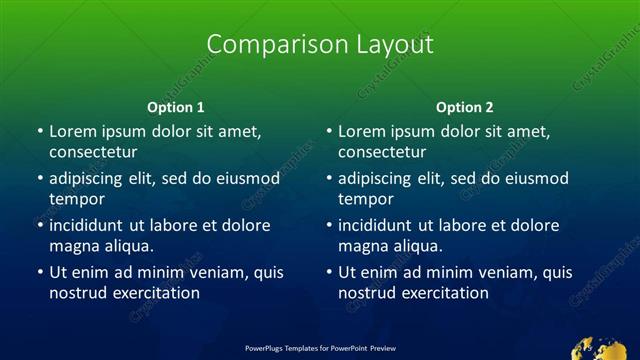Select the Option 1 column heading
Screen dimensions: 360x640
176,107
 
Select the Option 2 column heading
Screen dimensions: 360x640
465,107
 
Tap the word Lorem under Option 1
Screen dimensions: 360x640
72,131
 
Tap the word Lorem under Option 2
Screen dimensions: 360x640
361,131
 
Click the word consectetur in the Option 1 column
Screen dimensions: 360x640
93,152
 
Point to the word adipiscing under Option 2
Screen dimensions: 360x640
381,179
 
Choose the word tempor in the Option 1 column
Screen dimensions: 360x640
77,199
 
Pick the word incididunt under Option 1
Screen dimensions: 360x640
90,225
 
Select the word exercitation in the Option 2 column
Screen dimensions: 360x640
443,293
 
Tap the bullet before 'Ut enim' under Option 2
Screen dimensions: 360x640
329,272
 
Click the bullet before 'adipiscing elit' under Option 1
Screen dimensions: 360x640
40,179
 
